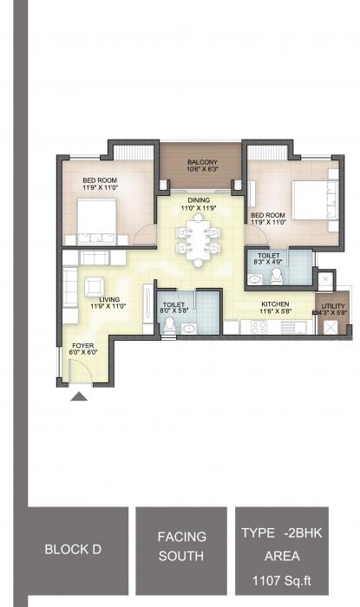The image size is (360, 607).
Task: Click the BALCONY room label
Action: (202, 162)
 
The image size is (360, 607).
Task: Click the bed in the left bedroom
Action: (97, 220)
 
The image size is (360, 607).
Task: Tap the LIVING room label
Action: (109, 299)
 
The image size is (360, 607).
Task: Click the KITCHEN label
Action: (276, 305)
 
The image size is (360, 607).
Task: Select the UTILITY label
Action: (333, 305)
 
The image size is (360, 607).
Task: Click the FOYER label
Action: (83, 345)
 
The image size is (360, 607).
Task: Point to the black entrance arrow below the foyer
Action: (80, 396)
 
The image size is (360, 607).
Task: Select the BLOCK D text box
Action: (77, 549)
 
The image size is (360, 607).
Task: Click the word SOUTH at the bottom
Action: (182, 556)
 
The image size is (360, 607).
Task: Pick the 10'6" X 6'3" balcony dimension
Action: (202, 170)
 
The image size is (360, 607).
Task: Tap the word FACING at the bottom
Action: (182, 537)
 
